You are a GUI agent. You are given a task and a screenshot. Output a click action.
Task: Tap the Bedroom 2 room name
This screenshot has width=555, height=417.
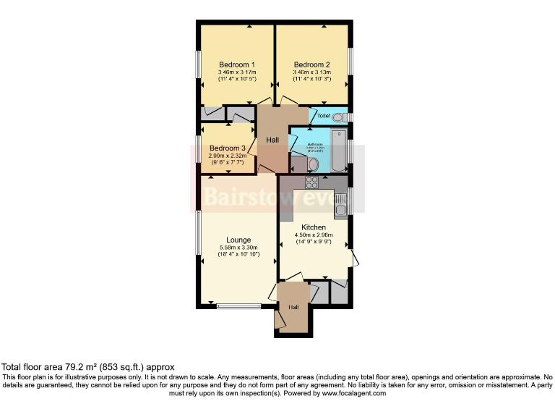tap(312, 64)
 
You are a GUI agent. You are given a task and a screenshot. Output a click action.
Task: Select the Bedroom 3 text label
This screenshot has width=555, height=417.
tap(228, 148)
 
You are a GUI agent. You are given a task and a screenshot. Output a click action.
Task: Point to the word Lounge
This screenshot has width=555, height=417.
tap(238, 240)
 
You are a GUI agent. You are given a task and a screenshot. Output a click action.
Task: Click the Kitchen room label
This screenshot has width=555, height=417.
tap(314, 227)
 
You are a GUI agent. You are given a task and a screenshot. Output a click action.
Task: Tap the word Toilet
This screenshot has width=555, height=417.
tap(323, 116)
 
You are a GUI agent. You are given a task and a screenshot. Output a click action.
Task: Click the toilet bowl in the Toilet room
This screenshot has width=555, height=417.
tap(338, 116)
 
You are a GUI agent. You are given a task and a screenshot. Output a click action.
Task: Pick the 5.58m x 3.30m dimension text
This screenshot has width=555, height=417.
tap(238, 248)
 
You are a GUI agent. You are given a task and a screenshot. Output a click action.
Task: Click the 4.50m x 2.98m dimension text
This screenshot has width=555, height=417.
tap(314, 235)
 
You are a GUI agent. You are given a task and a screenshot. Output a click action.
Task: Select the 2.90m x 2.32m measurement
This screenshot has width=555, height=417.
tap(228, 156)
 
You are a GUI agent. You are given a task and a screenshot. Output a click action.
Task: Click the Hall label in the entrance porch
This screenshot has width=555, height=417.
tap(293, 308)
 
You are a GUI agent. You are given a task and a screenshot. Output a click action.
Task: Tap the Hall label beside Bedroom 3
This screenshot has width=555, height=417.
tap(272, 140)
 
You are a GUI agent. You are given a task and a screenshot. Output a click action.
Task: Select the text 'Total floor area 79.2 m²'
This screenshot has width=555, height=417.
tap(54, 368)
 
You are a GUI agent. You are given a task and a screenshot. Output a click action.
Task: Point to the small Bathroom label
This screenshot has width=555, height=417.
tap(314, 144)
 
